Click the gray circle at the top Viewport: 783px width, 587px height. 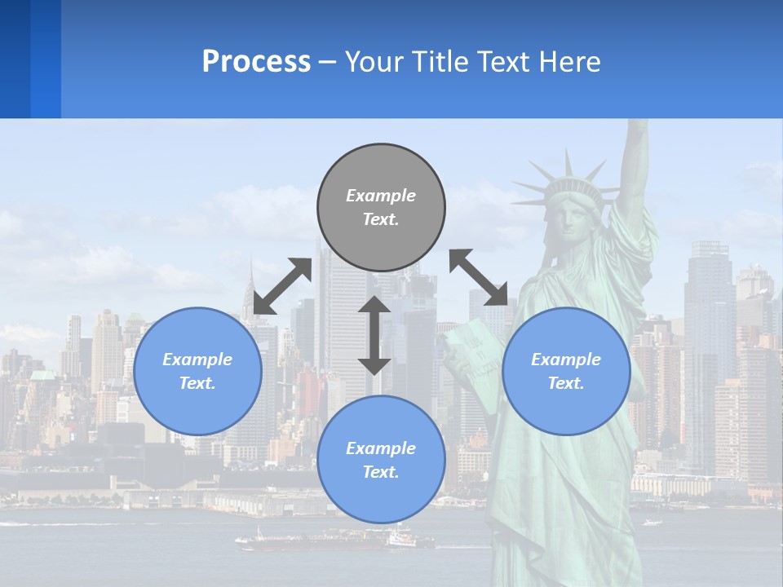[x=381, y=208]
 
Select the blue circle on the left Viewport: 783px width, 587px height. [x=197, y=371]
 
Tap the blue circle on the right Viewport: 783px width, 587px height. [x=566, y=371]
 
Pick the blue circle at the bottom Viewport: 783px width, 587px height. [x=381, y=460]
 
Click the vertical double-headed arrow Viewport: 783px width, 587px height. [x=374, y=335]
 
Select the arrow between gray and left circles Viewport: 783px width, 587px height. [x=282, y=286]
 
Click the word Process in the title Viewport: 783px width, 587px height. [x=256, y=61]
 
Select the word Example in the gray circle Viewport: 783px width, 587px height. [x=381, y=196]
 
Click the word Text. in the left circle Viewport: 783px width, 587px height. [x=197, y=383]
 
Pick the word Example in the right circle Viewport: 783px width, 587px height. [x=566, y=360]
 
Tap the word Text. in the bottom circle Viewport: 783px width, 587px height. [x=381, y=472]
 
